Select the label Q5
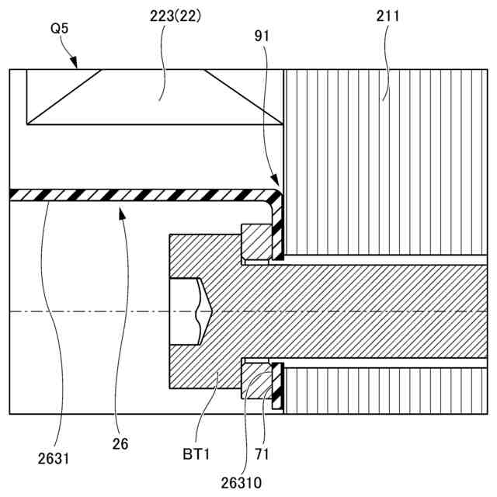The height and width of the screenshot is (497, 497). (61, 28)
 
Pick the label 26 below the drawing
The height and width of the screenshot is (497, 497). (120, 445)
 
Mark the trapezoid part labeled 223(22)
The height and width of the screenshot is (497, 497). (154, 97)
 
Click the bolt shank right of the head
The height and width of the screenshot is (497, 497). (373, 311)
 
